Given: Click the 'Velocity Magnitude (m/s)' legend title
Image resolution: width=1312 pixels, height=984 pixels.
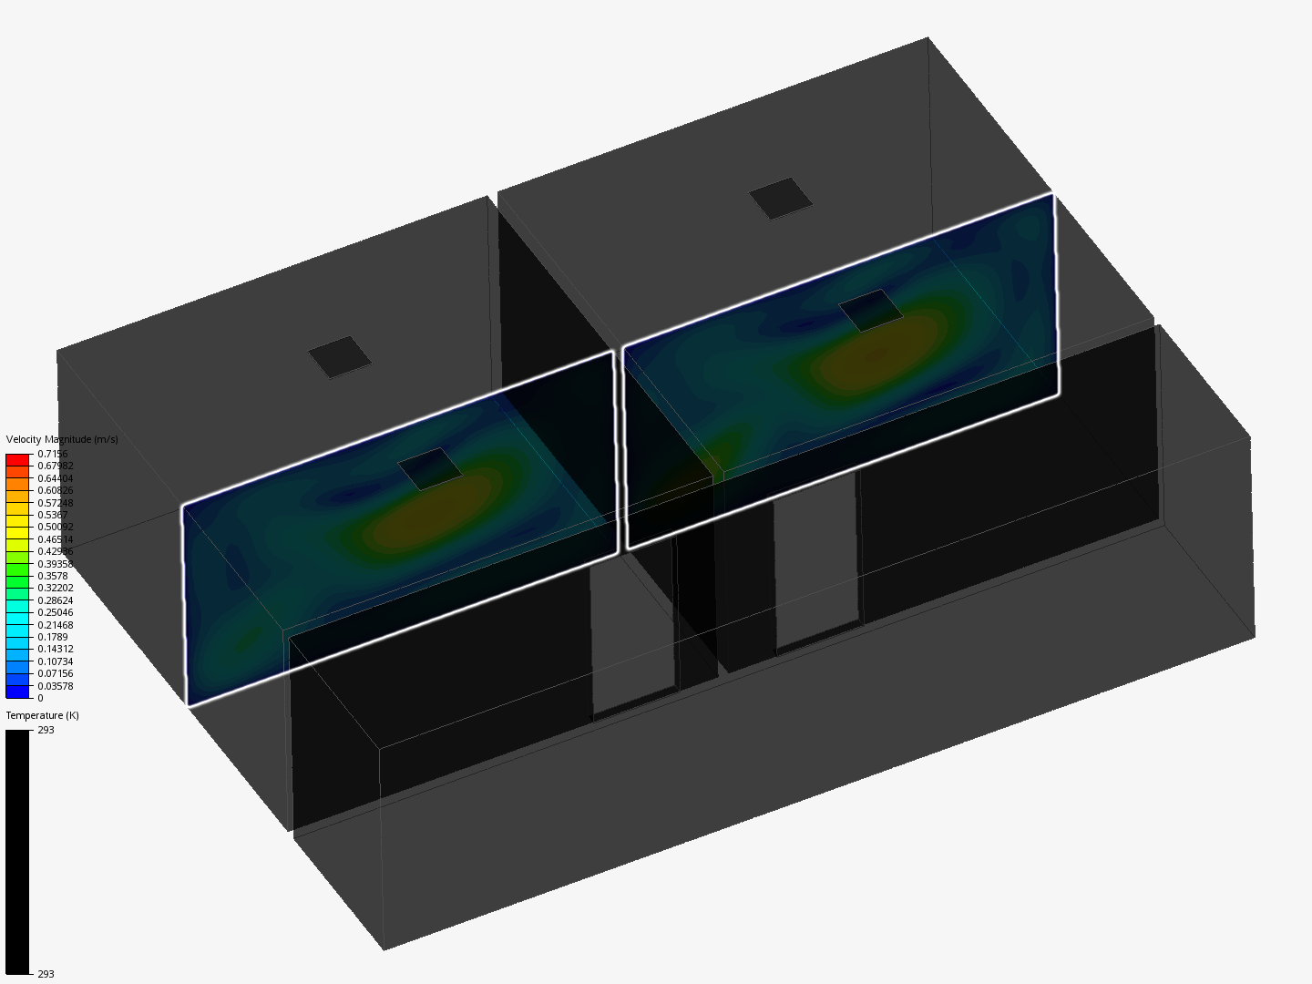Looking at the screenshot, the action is [x=62, y=439].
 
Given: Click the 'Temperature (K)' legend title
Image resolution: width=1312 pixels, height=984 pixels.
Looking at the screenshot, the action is [x=43, y=715].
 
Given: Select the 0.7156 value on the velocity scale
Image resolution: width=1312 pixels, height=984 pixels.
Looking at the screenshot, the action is [x=53, y=454].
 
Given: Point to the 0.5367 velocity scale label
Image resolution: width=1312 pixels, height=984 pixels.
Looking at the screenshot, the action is [x=53, y=515].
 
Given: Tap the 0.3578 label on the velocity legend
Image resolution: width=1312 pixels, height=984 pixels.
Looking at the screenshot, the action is [x=53, y=576].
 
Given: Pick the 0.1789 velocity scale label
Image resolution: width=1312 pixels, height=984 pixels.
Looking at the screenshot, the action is [x=53, y=637].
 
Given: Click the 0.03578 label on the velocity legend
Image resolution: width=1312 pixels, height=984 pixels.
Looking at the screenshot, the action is [x=56, y=686].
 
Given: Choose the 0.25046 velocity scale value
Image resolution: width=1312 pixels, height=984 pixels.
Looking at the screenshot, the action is [x=56, y=612].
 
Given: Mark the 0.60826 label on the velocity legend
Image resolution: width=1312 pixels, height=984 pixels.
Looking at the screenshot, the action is [x=56, y=490].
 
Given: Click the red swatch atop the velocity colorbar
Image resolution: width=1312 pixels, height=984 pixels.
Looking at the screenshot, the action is [x=17, y=460].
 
